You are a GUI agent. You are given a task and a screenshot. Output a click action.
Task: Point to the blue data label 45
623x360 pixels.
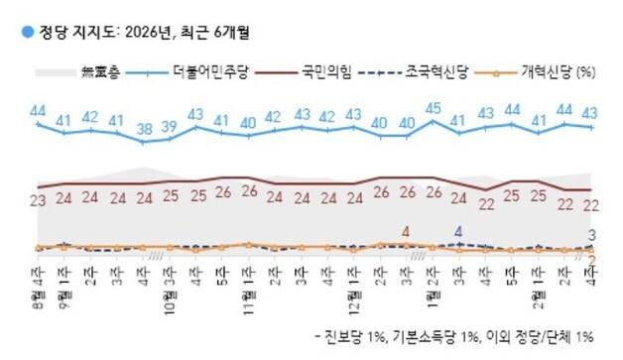[433, 109]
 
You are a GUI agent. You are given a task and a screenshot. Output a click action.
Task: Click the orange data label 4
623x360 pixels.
[406, 232]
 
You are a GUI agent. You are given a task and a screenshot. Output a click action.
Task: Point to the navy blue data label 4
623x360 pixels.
[457, 232]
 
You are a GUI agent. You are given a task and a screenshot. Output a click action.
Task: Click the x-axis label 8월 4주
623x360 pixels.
[37, 270]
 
